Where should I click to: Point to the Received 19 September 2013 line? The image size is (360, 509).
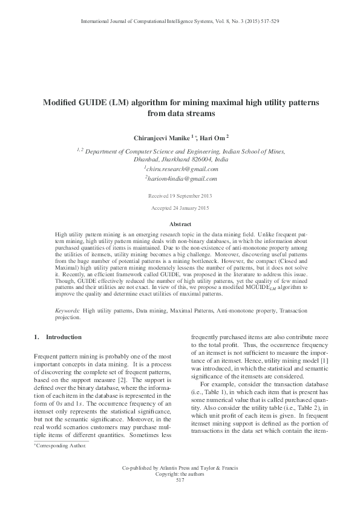point(180,196)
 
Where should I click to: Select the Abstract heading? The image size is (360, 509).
point(180,224)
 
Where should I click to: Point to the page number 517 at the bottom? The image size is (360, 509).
point(180,480)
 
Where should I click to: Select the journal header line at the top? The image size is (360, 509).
point(180,21)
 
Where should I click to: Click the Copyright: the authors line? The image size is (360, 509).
point(180,475)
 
